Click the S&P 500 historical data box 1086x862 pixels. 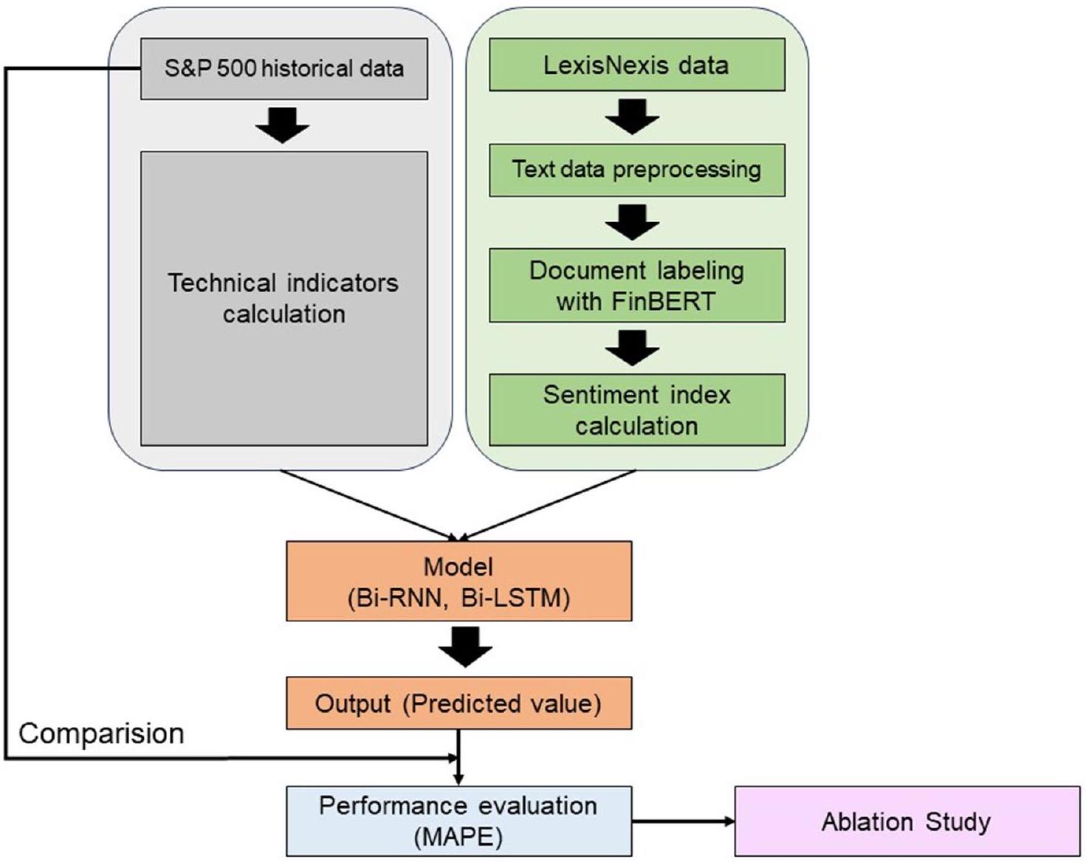click(283, 69)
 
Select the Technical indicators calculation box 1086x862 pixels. click(283, 298)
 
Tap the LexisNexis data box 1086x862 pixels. click(636, 65)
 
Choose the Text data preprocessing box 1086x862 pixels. click(636, 170)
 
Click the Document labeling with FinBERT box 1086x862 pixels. click(636, 286)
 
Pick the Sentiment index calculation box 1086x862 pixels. click(636, 410)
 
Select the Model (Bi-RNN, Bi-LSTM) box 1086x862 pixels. click(458, 581)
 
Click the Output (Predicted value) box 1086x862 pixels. click(458, 703)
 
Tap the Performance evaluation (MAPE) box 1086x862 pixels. click(458, 821)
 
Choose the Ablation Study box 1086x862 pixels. click(907, 821)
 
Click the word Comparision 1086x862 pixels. click(101, 734)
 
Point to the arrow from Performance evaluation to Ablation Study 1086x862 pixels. click(683, 821)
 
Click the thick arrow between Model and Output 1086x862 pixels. click(465, 647)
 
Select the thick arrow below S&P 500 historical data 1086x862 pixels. click(283, 125)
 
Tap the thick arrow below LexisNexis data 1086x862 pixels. click(633, 117)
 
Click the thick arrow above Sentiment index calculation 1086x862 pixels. click(633, 348)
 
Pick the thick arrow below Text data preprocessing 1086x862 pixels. click(633, 221)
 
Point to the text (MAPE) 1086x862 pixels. click(458, 837)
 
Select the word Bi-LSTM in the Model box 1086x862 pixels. click(515, 597)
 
